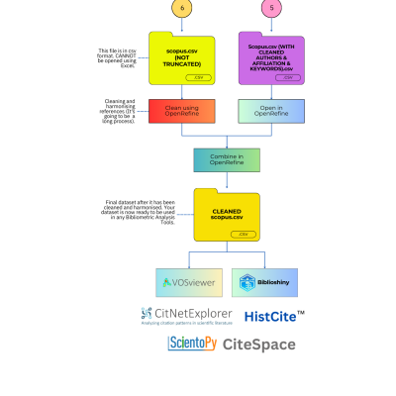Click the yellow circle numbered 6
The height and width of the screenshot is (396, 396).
181,8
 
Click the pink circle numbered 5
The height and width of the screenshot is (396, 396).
271,8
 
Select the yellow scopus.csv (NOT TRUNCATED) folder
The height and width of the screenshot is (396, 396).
181,59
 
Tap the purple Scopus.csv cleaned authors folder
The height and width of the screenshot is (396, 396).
271,58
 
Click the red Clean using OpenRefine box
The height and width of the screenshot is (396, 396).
181,110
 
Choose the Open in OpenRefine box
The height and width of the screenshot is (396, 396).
271,110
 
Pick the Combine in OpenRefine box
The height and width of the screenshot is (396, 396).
227,159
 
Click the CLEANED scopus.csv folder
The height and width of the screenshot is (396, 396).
227,216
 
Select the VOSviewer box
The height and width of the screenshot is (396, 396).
188,282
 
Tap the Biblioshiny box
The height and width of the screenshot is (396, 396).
264,282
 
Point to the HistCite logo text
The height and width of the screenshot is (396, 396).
274,317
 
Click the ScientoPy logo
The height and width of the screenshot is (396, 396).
192,344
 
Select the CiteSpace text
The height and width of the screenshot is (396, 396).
259,345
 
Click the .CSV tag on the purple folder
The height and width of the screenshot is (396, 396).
288,77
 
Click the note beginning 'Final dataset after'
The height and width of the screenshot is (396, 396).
140,212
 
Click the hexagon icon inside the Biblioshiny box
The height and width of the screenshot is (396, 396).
247,282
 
